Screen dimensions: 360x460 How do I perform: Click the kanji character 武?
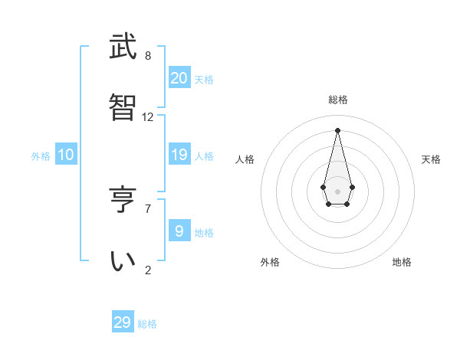[x=123, y=48]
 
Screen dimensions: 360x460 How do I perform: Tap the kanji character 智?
[x=123, y=110]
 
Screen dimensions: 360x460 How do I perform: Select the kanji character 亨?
[x=123, y=200]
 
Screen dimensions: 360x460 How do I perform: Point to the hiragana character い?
[x=123, y=261]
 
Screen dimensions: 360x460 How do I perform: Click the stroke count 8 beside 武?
[x=148, y=56]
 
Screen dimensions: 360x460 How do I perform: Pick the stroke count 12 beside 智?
[x=148, y=117]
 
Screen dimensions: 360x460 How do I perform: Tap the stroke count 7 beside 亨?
[x=148, y=208]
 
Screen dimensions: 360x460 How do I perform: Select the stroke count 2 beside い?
[x=148, y=269]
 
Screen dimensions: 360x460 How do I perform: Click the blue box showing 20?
[x=179, y=78]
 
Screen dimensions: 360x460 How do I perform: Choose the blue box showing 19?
[x=179, y=155]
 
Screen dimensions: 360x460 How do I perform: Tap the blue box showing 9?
[x=179, y=231]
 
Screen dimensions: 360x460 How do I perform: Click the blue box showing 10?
[x=66, y=155]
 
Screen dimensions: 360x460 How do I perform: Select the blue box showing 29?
[x=123, y=322]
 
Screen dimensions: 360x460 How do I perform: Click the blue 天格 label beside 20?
[x=204, y=80]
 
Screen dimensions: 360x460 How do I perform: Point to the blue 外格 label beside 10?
[x=41, y=156]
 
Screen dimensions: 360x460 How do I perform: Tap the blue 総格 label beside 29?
[x=147, y=324]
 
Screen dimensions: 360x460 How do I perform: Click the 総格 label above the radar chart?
[x=338, y=100]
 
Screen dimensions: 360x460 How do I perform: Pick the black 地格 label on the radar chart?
[x=402, y=262]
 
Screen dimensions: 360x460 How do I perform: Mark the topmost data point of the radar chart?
[x=337, y=129]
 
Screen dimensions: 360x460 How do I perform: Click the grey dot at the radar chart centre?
[x=337, y=191]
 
